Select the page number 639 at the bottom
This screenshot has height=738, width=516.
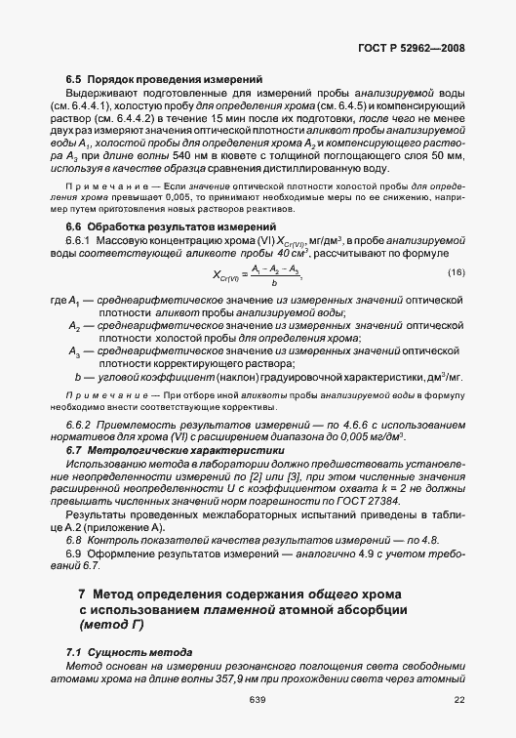258,699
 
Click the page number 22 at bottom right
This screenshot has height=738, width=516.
459,699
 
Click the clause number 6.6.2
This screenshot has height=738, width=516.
77,427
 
